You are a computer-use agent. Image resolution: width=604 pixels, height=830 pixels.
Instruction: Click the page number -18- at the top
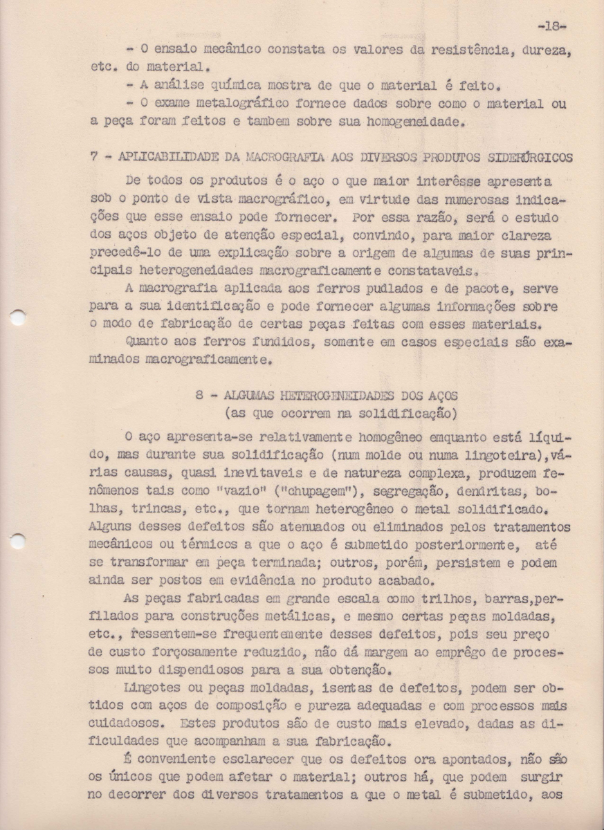pyautogui.click(x=552, y=26)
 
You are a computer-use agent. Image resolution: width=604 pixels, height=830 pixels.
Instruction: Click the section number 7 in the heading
pyautogui.click(x=94, y=158)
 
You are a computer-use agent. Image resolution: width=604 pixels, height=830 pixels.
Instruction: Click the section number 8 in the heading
pyautogui.click(x=199, y=396)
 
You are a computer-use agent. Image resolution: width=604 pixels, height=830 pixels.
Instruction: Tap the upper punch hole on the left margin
pyautogui.click(x=18, y=317)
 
